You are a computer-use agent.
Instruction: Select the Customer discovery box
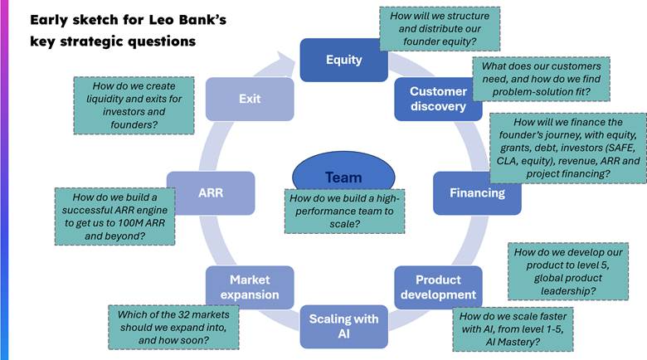point(438,99)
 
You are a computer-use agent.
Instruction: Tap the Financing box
point(477,193)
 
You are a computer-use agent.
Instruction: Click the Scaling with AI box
point(343,325)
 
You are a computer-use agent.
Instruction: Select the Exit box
point(250,99)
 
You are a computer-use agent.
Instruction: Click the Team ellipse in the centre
point(343,177)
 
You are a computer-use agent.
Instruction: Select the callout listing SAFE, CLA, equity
point(567,148)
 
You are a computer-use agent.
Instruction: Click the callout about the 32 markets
point(173,327)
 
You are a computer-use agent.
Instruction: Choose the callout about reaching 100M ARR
point(114,216)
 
